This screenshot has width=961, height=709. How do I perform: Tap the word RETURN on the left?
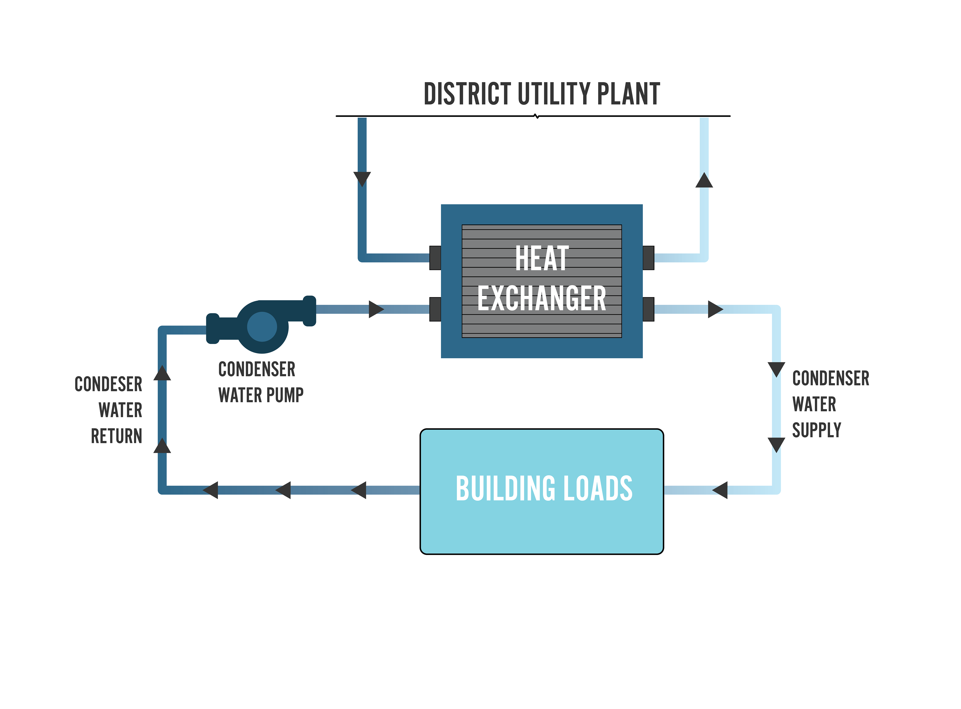click(x=116, y=436)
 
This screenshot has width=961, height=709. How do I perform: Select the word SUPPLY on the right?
click(x=816, y=430)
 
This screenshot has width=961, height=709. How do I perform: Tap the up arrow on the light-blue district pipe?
click(x=704, y=180)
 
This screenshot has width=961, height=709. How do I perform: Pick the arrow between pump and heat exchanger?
click(x=376, y=309)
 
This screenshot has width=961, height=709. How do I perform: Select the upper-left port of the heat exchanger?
click(x=435, y=258)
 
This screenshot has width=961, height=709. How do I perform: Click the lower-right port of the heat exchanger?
click(x=648, y=309)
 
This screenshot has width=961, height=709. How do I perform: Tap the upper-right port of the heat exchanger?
click(x=648, y=258)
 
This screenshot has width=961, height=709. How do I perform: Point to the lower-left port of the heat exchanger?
click(x=435, y=309)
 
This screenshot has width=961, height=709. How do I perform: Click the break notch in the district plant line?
click(x=537, y=116)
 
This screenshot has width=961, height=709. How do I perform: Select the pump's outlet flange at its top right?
click(x=310, y=311)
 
